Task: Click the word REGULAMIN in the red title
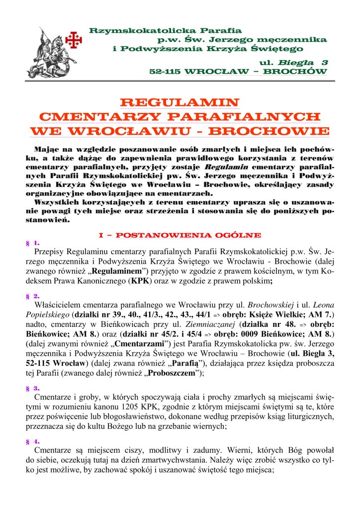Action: pyautogui.click(x=180, y=103)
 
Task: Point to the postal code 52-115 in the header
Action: pyautogui.click(x=165, y=72)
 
